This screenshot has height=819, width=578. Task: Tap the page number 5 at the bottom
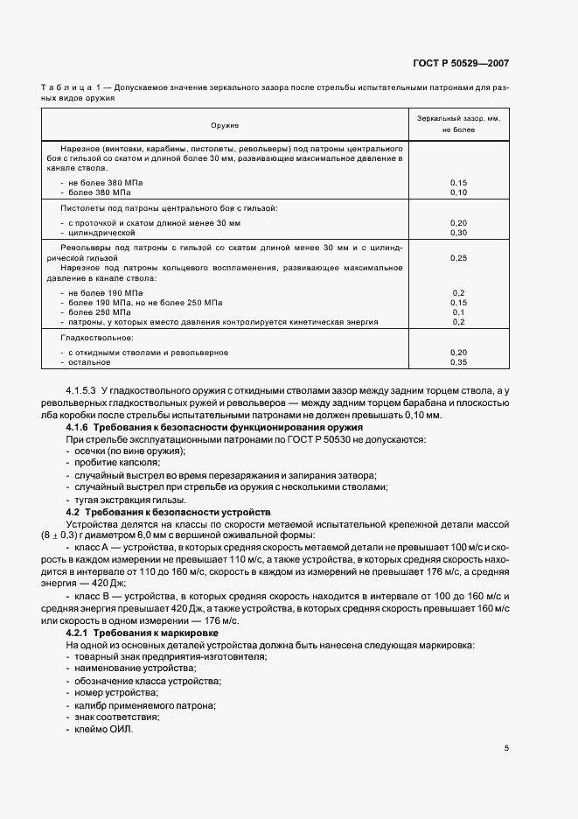click(507, 748)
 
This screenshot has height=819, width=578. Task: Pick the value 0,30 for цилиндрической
click(458, 234)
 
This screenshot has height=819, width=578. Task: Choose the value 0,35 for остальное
click(458, 361)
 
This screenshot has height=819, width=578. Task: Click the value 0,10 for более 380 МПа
click(458, 192)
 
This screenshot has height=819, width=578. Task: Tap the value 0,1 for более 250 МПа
click(458, 312)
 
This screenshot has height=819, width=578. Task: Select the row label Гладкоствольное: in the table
click(97, 337)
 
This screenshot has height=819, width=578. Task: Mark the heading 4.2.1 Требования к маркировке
click(143, 632)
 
